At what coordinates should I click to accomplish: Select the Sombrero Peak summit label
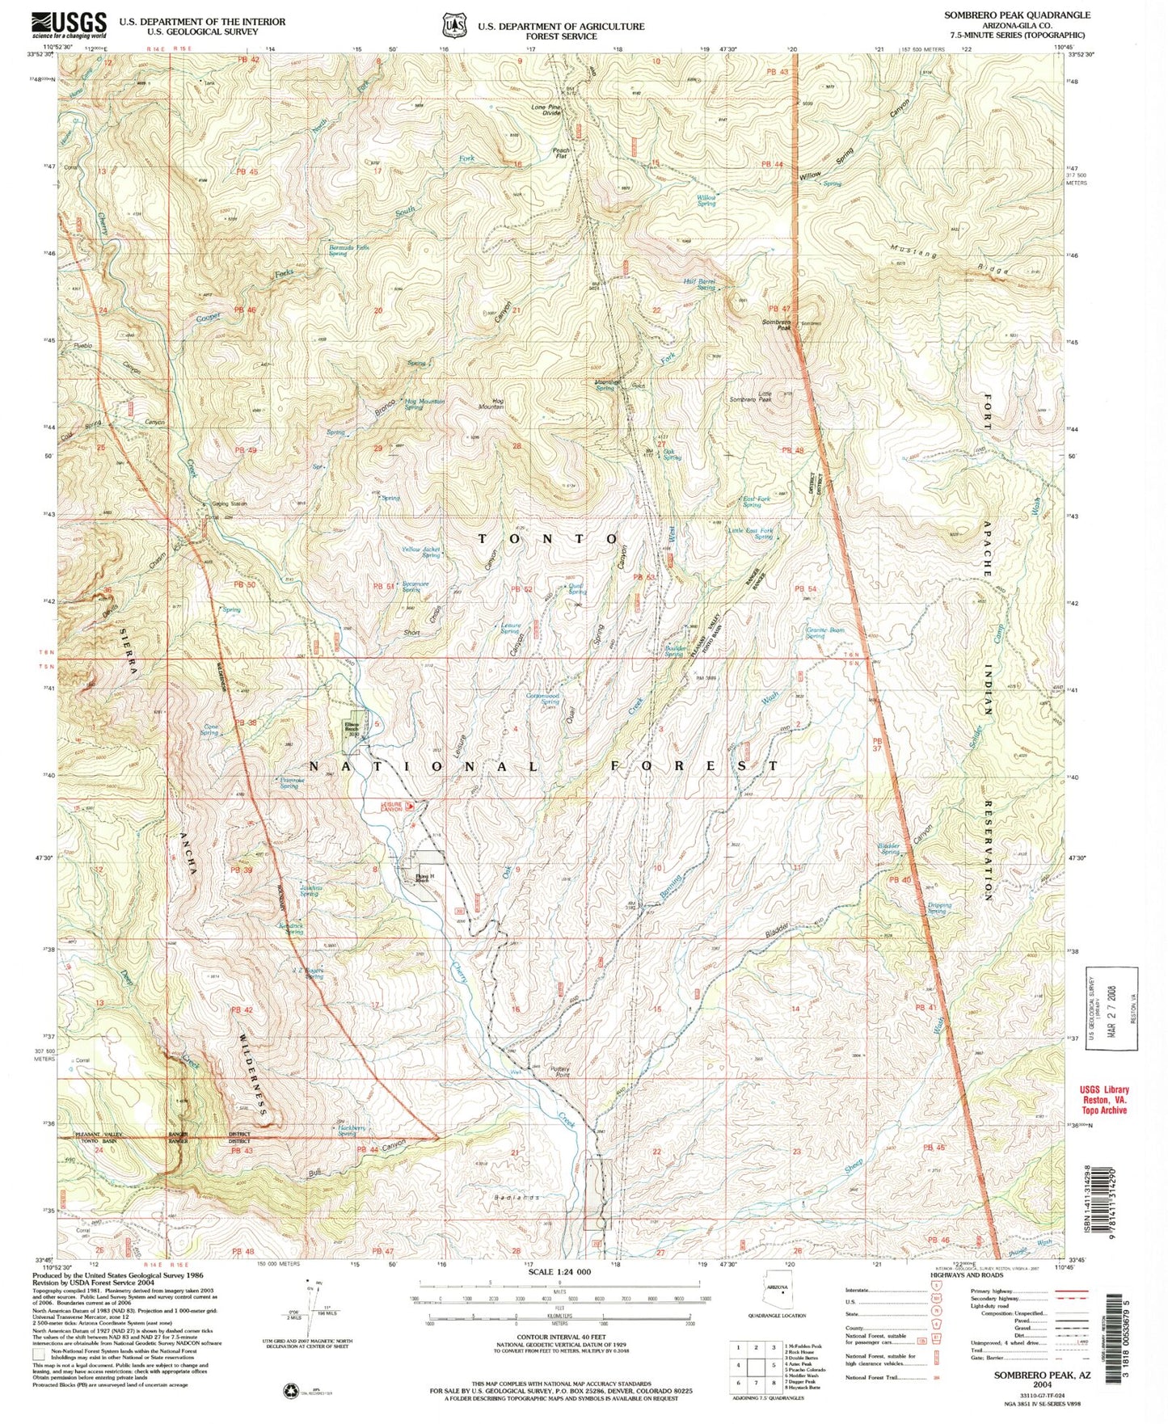tap(774, 324)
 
